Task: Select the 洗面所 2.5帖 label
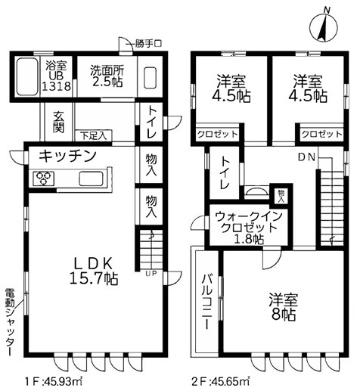coord(109,75)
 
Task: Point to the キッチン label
coord(67,157)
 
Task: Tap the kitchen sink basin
coord(91,179)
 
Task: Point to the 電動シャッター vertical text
coord(10,321)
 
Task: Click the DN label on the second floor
coord(306,157)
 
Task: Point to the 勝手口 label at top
coord(147,42)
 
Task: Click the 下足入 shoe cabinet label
coord(95,136)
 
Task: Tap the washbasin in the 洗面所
coord(148,76)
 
